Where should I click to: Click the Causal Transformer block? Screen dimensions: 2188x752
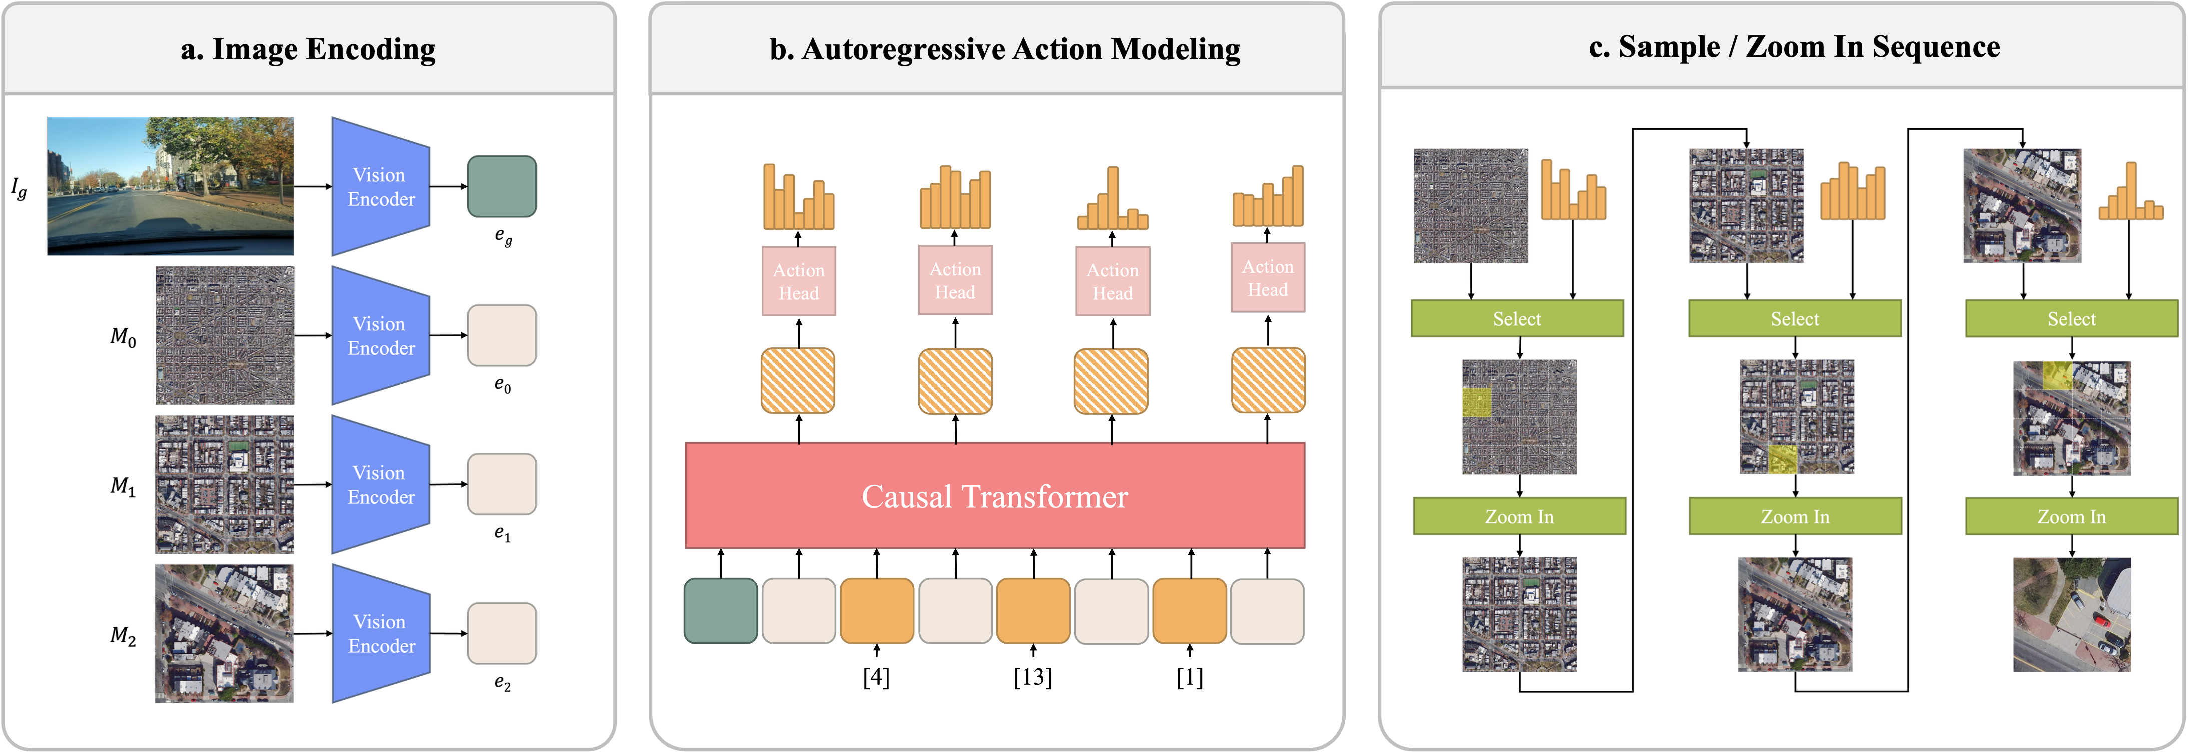994,496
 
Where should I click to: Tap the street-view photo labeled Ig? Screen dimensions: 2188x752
170,186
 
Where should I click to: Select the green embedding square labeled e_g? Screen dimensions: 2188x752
502,186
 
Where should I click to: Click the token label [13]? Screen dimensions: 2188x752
1033,677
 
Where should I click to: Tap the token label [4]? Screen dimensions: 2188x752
877,677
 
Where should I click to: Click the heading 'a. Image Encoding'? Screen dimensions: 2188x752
308,49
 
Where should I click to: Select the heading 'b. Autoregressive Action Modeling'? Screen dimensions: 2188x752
1005,49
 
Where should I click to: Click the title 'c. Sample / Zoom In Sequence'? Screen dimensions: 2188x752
1795,47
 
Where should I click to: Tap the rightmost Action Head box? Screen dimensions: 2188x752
1268,278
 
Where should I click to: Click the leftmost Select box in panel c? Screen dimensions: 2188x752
1517,318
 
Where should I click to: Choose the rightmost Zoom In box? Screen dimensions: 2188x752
2071,516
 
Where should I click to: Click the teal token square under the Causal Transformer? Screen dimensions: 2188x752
720,611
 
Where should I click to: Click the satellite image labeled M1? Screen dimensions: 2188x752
224,485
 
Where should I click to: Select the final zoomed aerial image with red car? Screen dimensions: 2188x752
2071,614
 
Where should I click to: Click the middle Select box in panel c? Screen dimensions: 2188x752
1795,318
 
